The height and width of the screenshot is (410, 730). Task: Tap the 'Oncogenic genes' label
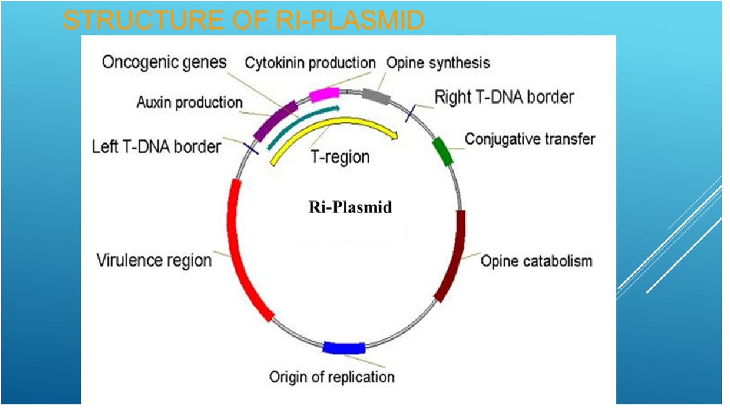click(164, 62)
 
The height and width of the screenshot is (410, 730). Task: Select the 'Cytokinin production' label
click(310, 63)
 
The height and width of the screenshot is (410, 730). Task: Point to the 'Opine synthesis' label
click(438, 63)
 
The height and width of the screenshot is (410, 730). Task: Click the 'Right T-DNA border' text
click(504, 97)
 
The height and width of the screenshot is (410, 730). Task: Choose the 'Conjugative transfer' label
click(530, 139)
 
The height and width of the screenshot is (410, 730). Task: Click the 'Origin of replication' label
click(331, 377)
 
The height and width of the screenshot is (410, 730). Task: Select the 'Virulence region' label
click(154, 261)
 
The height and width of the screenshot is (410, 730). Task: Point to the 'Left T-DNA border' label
click(156, 147)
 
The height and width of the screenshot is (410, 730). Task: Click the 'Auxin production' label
click(189, 103)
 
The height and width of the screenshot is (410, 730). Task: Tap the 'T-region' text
click(340, 157)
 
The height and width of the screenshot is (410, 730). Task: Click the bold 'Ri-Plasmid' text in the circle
click(350, 207)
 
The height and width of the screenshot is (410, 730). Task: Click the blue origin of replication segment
click(344, 348)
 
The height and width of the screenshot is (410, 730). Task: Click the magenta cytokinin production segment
click(324, 95)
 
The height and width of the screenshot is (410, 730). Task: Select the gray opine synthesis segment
click(376, 96)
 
